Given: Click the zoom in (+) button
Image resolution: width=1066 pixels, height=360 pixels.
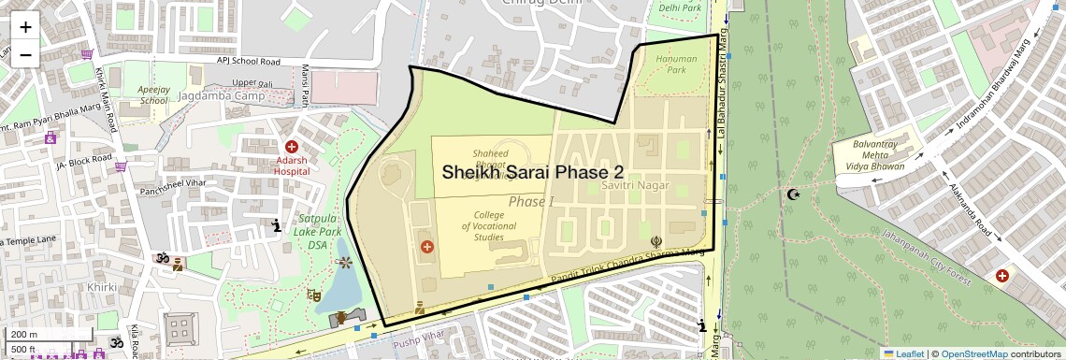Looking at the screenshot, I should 25,27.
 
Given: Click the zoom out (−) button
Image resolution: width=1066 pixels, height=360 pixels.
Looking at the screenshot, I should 25,54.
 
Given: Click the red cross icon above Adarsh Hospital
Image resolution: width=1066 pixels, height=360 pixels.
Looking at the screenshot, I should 292,147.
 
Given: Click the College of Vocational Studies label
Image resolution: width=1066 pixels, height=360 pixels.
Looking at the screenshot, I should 495,225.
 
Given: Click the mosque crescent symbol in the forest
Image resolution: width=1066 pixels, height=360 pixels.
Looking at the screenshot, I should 794,194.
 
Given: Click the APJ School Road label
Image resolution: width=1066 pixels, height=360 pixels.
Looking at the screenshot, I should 248,62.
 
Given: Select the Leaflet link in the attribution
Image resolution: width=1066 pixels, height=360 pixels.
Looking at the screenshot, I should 903,353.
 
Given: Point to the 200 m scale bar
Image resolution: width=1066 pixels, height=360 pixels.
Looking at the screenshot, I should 47,335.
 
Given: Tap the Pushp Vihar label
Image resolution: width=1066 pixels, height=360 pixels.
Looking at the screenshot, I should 416,334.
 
